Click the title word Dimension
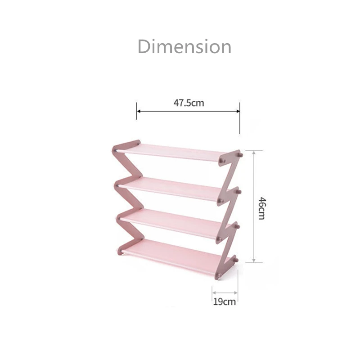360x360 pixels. point(184,47)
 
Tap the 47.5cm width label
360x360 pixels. point(189,103)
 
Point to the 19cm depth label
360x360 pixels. point(225,301)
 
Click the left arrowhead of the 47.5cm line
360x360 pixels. point(139,111)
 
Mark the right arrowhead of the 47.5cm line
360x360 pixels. point(238,111)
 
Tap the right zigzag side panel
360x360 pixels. point(227,211)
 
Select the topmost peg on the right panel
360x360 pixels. point(240,155)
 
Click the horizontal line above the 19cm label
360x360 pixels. point(225,292)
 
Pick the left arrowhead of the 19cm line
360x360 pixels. point(213,292)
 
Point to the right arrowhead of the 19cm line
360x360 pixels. point(236,292)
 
